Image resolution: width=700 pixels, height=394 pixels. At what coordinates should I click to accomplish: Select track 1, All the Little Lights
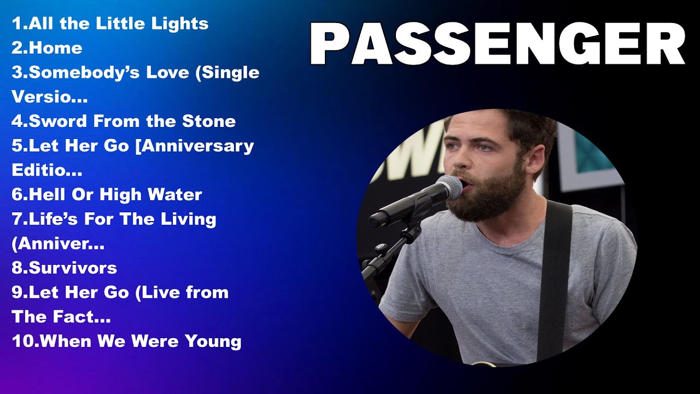click(110, 24)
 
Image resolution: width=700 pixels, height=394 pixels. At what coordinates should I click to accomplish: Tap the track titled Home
click(47, 48)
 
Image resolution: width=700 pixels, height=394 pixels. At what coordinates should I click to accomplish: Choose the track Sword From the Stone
click(124, 121)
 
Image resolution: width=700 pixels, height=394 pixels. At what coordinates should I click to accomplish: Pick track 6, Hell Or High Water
click(107, 194)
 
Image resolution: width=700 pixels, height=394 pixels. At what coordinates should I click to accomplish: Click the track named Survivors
click(64, 268)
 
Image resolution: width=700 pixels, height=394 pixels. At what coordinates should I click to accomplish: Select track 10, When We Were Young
click(126, 341)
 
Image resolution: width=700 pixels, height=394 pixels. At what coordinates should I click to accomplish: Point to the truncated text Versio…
click(49, 97)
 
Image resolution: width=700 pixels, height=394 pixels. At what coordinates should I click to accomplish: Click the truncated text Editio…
click(46, 170)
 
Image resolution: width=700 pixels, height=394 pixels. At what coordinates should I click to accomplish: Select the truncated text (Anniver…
click(57, 244)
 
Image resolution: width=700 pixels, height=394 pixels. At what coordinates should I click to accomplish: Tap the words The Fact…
click(61, 317)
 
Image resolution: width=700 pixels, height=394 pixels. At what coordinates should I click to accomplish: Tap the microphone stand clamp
click(409, 233)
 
